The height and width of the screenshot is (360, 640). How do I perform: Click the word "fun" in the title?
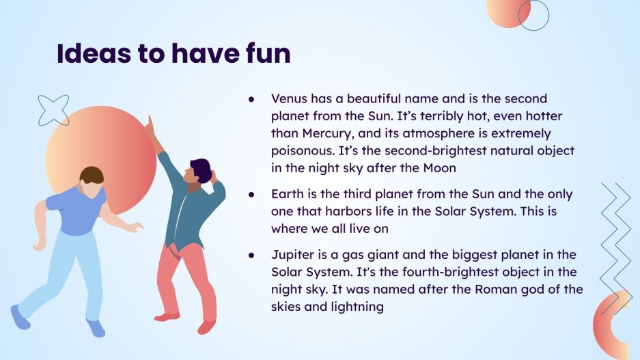point(264,53)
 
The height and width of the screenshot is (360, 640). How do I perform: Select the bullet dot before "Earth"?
point(251,195)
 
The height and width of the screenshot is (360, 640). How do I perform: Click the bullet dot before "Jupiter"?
point(251,255)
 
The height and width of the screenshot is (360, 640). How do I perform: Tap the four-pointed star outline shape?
point(53,110)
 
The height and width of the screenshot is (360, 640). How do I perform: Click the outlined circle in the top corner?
point(533,15)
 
